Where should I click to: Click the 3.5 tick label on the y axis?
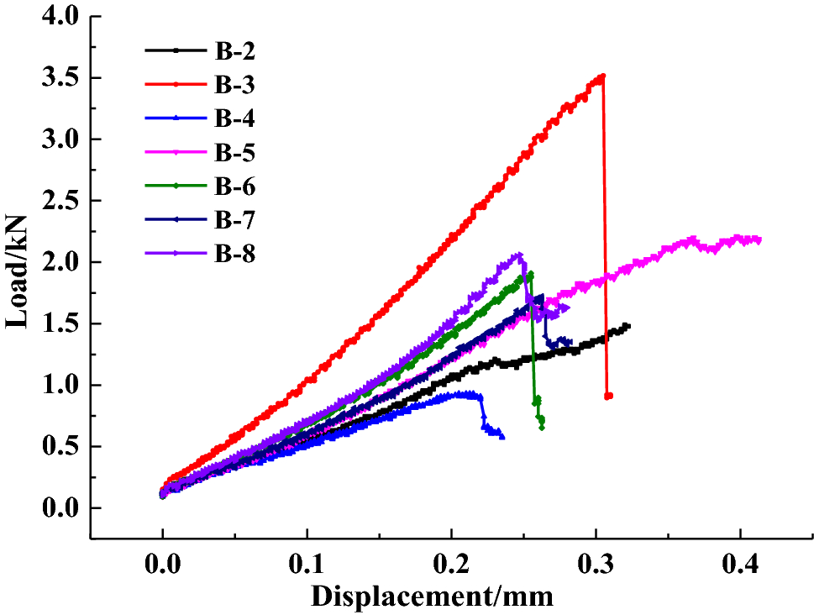[58, 78]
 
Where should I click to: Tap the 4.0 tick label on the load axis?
[58, 17]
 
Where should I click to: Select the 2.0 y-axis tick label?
[58, 262]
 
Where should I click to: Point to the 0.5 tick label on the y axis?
[58, 447]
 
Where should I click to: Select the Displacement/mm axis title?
[433, 597]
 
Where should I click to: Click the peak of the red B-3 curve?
[601, 76]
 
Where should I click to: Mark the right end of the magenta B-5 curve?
[759, 240]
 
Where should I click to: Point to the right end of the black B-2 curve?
[628, 325]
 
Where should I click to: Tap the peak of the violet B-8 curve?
[520, 255]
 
